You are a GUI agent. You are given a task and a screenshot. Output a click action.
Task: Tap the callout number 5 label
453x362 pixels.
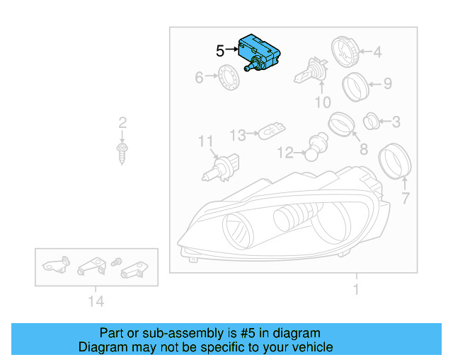coord(220,51)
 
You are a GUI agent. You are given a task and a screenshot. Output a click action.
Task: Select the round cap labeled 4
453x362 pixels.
coord(345,50)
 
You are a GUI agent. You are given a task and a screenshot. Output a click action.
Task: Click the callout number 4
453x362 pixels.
coord(377,52)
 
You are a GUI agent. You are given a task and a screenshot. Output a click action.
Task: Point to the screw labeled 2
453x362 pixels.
coord(122,151)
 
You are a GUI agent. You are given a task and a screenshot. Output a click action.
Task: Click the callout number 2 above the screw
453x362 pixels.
coord(122,122)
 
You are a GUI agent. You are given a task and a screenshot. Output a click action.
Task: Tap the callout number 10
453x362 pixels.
coord(322,103)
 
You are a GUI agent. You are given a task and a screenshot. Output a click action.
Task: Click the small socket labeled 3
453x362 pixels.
coord(371,122)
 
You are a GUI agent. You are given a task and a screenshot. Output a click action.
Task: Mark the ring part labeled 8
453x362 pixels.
coord(341,125)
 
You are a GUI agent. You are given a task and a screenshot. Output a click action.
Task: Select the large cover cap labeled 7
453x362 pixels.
coord(396,161)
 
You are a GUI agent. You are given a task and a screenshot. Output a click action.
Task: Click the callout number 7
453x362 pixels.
coord(405,199)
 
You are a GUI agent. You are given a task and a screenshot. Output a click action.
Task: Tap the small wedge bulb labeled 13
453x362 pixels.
coord(270,132)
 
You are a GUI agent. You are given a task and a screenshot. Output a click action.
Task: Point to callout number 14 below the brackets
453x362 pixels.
coord(96,302)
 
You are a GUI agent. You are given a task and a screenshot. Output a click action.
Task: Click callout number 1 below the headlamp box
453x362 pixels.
coord(356,289)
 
